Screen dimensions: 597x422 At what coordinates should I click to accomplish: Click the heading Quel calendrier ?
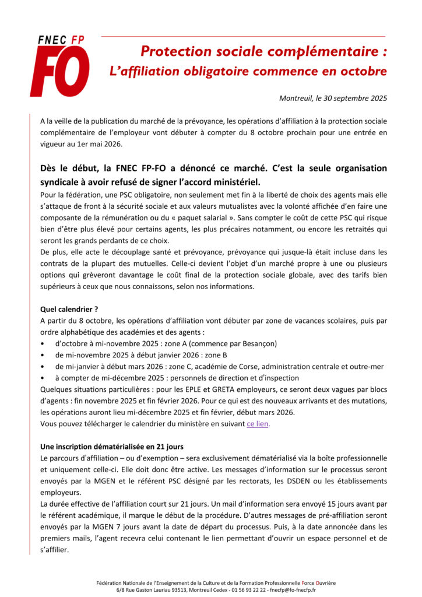[69, 309]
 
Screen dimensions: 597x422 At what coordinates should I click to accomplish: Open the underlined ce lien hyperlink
[257, 424]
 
